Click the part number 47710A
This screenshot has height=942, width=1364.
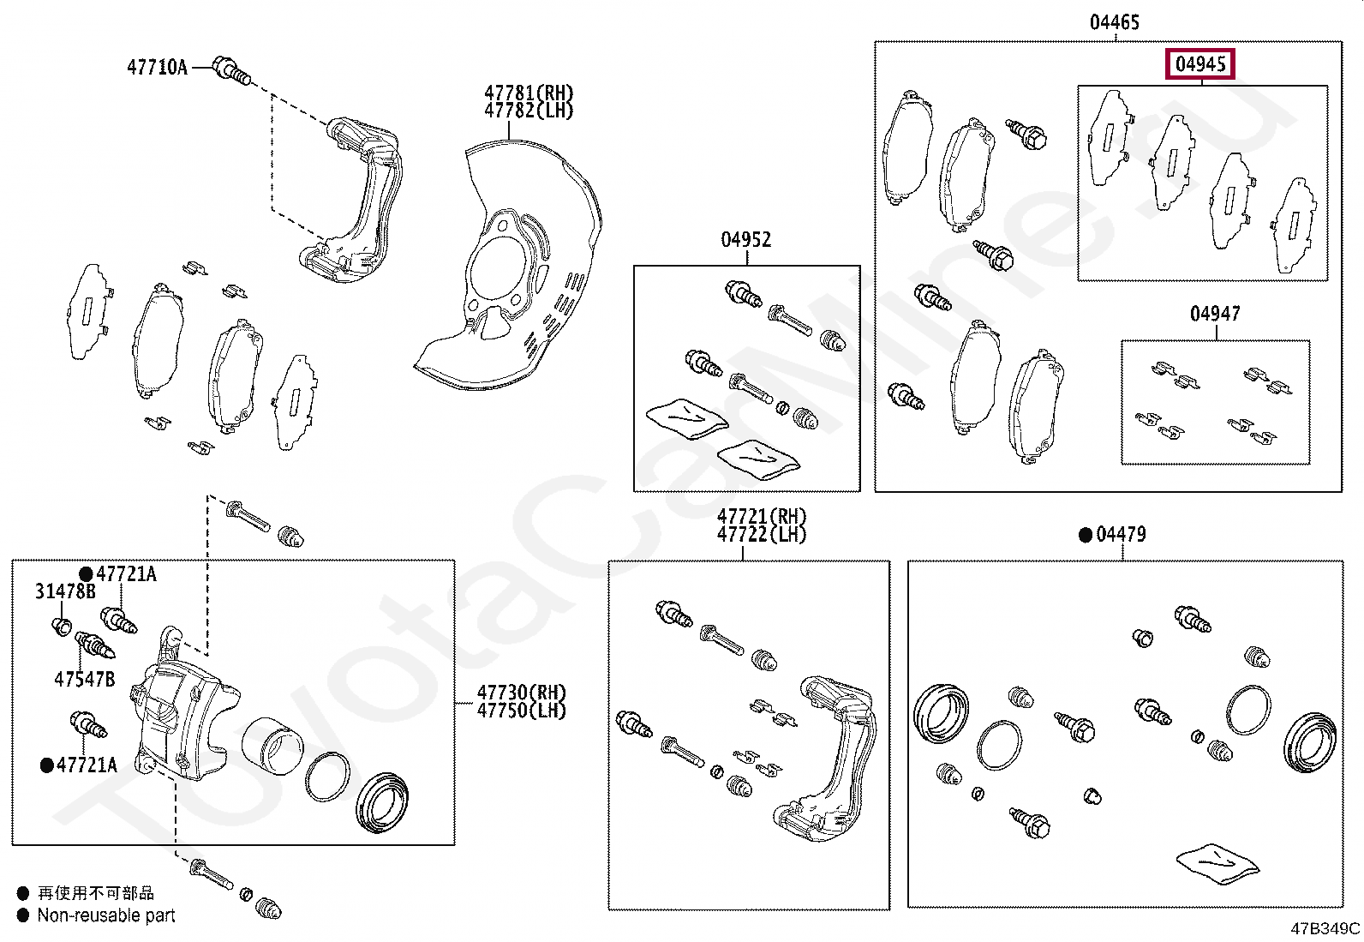[x=157, y=66]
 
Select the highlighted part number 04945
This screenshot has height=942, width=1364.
[x=1199, y=64]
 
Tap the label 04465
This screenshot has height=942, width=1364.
[x=1114, y=22]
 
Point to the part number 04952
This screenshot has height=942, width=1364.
[x=745, y=239]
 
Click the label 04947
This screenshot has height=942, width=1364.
[x=1215, y=314]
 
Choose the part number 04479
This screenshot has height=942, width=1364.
[x=1121, y=534]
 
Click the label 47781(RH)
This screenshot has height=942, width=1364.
[x=528, y=93]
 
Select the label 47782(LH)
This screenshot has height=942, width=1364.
[x=528, y=111]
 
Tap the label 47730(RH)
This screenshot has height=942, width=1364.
[x=521, y=692]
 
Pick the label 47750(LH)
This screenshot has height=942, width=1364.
[x=521, y=711]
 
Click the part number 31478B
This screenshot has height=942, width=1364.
[x=65, y=591]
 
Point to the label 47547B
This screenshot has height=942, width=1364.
[x=84, y=679]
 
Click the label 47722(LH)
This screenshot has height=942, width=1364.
[x=762, y=534]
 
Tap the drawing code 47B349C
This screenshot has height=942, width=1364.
[x=1325, y=928]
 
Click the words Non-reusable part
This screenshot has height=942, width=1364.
[x=105, y=915]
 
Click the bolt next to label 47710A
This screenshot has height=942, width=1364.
[x=231, y=70]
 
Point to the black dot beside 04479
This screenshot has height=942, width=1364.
[x=1086, y=535]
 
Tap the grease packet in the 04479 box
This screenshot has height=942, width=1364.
[x=1217, y=865]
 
